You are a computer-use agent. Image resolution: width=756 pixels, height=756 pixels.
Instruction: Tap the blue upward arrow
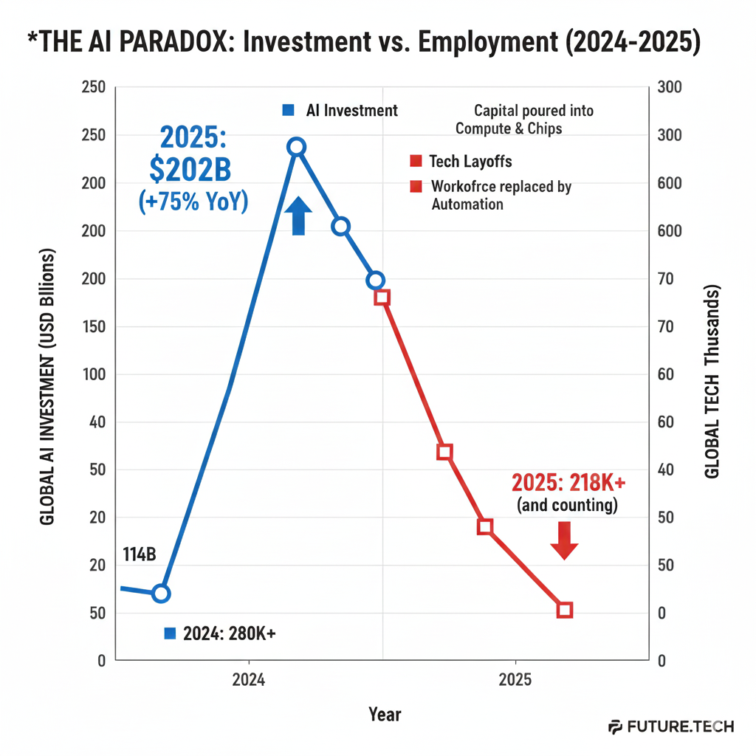pos(298,216)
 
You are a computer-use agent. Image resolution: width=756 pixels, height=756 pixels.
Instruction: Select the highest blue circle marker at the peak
pos(296,146)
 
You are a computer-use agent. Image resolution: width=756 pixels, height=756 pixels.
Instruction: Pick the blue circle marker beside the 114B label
pos(161,593)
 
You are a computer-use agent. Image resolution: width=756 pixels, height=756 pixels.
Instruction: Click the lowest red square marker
pos(565,610)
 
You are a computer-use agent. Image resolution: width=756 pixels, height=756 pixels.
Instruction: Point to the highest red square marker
pos(382,297)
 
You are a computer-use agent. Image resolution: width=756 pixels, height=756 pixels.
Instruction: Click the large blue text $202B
pos(190,170)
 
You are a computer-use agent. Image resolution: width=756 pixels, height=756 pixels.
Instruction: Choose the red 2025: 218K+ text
pos(568,483)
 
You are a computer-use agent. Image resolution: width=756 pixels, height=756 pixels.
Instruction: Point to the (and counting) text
pos(567,506)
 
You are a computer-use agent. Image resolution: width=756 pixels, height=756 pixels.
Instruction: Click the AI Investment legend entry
pos(351,111)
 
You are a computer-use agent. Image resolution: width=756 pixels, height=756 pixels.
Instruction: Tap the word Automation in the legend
pos(467,204)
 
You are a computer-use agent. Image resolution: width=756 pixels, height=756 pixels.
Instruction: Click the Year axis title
pos(385,714)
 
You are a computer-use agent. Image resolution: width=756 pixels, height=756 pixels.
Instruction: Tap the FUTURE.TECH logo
pos(671,726)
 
